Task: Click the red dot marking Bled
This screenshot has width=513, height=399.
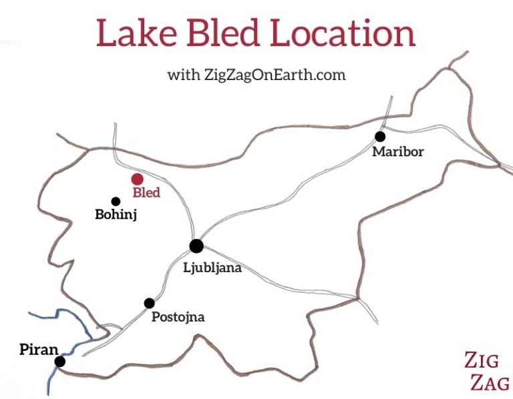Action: coord(137,179)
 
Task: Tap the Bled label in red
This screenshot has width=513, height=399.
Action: coord(147,193)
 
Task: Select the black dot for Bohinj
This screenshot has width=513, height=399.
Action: coord(116,201)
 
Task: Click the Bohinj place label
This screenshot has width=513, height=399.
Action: coord(116,216)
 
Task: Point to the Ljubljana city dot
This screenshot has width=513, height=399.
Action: coord(196,246)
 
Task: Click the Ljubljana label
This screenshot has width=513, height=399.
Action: coord(212,268)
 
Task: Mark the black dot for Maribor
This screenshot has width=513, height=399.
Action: coord(379,137)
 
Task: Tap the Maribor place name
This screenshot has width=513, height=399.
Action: coord(398,152)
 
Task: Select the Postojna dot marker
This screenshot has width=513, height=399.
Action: coord(149,303)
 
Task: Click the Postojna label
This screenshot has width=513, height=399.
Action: coord(178,317)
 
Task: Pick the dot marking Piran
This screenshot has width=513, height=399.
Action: coord(60,362)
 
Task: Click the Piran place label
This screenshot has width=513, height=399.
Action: coord(39,348)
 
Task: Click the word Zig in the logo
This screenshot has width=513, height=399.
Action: coord(481,361)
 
